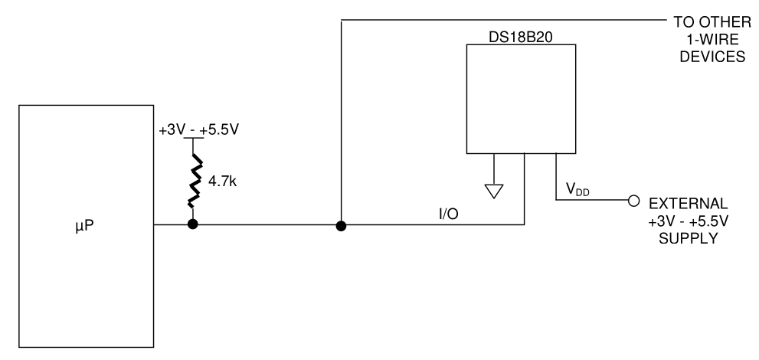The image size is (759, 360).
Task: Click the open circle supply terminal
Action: tap(632, 201)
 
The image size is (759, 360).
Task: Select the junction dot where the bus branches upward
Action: tap(341, 225)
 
